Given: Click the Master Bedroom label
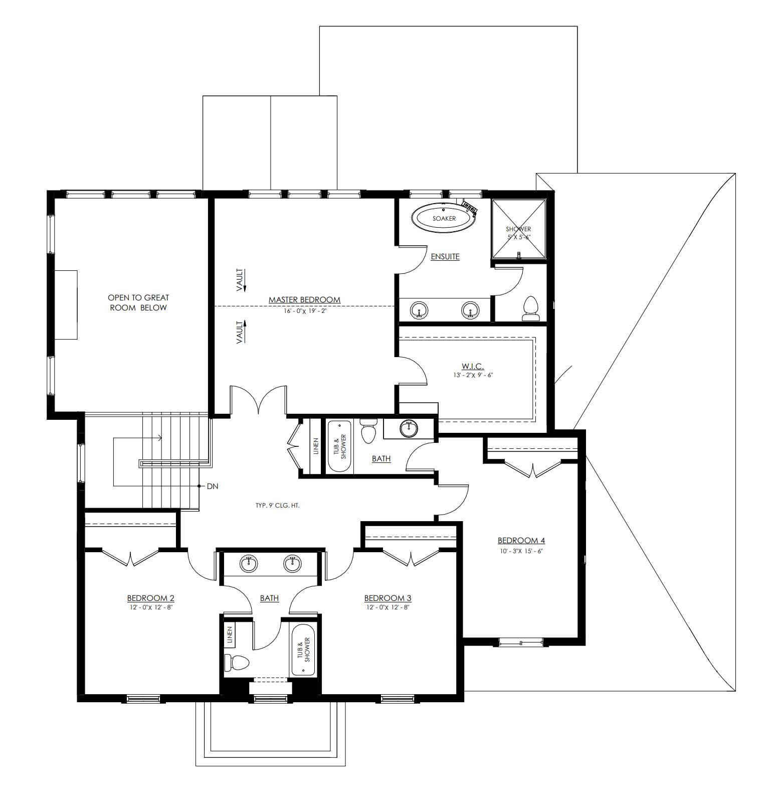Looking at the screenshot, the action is (x=304, y=300).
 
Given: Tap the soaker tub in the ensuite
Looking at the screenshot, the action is (x=444, y=218).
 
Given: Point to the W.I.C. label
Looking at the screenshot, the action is (x=473, y=367).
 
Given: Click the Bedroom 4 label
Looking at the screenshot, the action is (x=521, y=541).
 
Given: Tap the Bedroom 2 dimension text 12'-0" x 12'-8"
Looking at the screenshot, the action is (x=150, y=607).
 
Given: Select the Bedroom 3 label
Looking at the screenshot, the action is (x=388, y=598).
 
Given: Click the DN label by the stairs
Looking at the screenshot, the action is (x=212, y=486).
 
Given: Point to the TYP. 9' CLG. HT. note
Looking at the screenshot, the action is (x=277, y=506).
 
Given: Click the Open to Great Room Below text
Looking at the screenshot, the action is (x=138, y=302).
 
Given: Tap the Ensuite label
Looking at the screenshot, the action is (x=445, y=257).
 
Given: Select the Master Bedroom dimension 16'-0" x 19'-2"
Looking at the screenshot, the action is (x=304, y=311).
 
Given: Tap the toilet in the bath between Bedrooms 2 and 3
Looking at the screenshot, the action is (x=236, y=663).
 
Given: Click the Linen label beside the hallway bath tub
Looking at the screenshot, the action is (x=316, y=446).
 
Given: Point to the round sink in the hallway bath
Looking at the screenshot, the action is (x=409, y=428).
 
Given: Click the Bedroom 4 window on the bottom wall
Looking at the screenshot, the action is (x=520, y=642).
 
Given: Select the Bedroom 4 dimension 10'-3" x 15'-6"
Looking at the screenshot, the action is (x=521, y=551).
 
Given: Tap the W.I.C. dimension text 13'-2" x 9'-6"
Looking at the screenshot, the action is (x=473, y=375).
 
